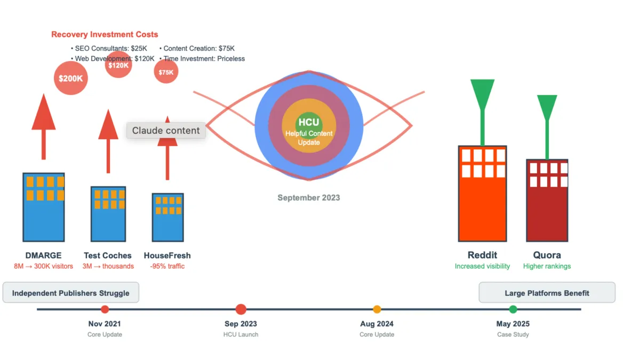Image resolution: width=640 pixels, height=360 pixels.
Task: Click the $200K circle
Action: tap(71, 78)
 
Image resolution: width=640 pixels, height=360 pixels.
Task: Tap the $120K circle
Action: tap(118, 66)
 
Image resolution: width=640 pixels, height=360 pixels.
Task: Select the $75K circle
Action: tap(166, 72)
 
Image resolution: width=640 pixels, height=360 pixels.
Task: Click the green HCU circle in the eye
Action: tap(309, 123)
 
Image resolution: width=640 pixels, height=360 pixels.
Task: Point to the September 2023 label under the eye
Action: tap(308, 198)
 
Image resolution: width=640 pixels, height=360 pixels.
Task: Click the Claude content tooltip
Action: tap(166, 131)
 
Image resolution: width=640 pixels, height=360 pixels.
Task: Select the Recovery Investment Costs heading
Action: tap(105, 35)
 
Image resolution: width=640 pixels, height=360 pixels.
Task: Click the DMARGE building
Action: tap(44, 207)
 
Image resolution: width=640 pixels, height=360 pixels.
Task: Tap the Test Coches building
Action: tap(108, 213)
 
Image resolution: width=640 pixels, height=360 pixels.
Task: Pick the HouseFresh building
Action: tap(167, 217)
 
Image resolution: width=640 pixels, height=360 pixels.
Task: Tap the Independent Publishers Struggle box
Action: tap(71, 293)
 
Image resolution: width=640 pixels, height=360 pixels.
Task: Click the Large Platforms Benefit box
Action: tap(547, 293)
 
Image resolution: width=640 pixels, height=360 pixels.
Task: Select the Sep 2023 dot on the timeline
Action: tap(241, 309)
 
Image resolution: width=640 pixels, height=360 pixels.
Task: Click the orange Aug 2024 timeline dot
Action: tap(377, 309)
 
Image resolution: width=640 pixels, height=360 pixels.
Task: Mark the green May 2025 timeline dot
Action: tap(513, 309)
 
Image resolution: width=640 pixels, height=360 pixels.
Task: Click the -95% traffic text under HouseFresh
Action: tap(167, 266)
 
